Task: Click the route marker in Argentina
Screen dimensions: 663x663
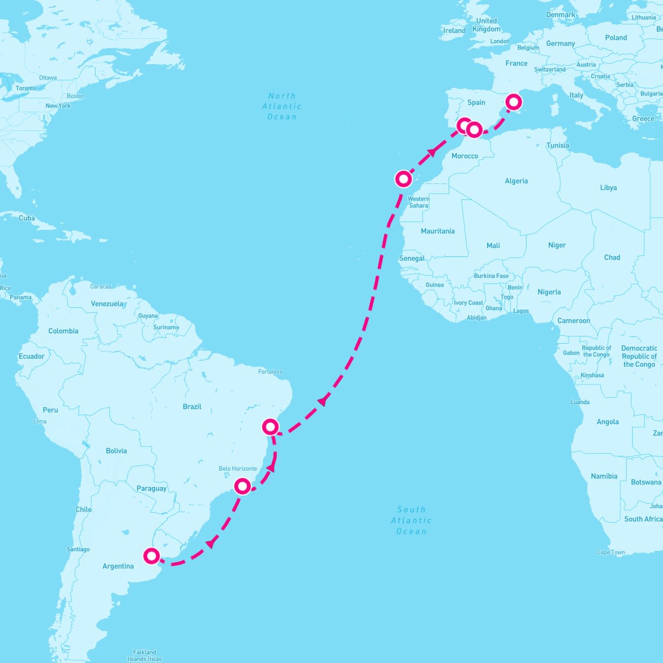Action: click(x=151, y=555)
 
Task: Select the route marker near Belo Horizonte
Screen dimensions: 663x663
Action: click(x=243, y=486)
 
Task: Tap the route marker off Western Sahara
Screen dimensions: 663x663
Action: click(x=403, y=178)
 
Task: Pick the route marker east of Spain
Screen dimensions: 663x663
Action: click(x=514, y=102)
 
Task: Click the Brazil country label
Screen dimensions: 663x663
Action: click(x=192, y=407)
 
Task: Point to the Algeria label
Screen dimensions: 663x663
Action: click(x=516, y=181)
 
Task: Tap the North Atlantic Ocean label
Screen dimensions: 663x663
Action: click(x=282, y=106)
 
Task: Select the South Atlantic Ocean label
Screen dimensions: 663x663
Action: click(x=411, y=520)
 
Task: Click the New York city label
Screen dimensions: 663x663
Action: click(x=58, y=106)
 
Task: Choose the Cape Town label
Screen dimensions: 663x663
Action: click(x=611, y=552)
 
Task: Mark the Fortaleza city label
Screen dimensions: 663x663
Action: click(x=270, y=372)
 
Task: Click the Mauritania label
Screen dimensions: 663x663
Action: click(x=438, y=231)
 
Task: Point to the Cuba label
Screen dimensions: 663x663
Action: click(x=27, y=218)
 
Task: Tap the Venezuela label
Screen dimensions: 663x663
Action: click(x=107, y=304)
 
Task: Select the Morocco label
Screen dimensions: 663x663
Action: click(x=465, y=156)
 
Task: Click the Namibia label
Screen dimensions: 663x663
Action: click(x=604, y=476)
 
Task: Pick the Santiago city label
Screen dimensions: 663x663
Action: click(x=78, y=549)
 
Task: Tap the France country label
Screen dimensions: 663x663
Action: click(x=516, y=64)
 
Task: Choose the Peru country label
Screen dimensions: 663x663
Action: click(x=50, y=410)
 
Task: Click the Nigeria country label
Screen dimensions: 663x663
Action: click(x=549, y=292)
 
